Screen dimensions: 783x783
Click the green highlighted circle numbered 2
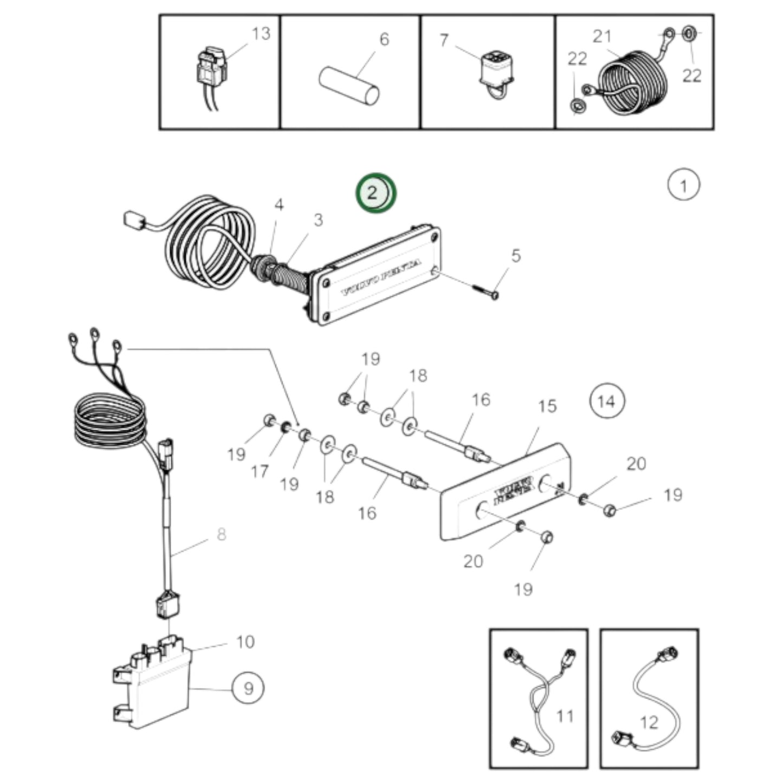coord(376,193)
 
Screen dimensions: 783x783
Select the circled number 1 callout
coord(683,185)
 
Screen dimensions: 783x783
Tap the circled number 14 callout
coord(606,401)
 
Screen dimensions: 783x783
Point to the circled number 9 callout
coord(248,688)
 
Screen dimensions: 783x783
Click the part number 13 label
coord(261,34)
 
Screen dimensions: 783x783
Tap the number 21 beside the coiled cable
coord(601,36)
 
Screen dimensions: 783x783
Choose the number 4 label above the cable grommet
coord(279,205)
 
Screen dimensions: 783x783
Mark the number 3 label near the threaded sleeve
coord(318,220)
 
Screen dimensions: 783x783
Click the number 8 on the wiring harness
coord(221,534)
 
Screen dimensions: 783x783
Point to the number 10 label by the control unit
coord(245,642)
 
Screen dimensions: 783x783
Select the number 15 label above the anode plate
coord(547,406)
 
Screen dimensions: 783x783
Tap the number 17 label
coord(260,471)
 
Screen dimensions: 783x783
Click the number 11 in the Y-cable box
coord(565,716)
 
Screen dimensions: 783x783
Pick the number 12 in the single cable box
coord(649,722)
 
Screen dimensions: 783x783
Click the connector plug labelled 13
coord(210,68)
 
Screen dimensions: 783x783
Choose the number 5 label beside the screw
coord(516,255)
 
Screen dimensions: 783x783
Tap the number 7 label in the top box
coord(444,40)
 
